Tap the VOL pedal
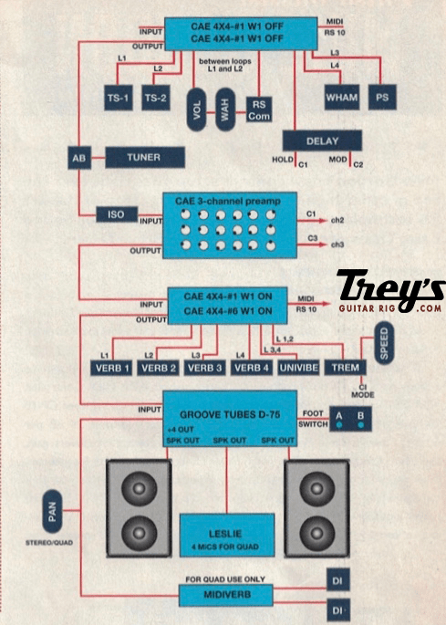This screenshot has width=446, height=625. (x=197, y=109)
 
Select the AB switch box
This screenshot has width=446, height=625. (x=78, y=158)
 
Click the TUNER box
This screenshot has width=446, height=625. (x=143, y=158)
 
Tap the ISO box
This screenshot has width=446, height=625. (x=116, y=214)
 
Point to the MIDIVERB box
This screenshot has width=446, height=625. (x=224, y=595)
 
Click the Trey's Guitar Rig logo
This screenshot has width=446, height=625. (x=390, y=293)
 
